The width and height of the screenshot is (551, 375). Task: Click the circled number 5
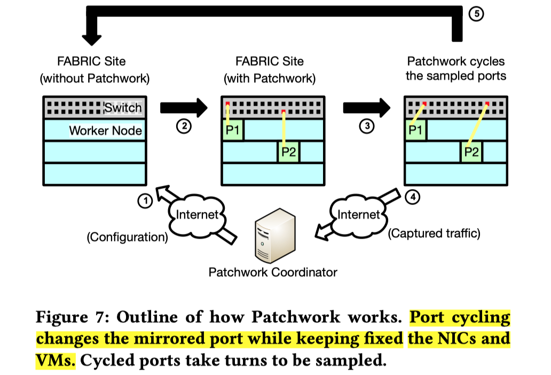coord(476,14)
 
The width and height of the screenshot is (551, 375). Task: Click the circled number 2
coord(184,127)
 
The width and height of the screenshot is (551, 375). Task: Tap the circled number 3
coord(366,127)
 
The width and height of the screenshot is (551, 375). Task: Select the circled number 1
coord(145,201)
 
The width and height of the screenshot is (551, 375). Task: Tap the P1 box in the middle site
coord(233,130)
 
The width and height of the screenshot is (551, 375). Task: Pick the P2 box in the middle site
coord(289,152)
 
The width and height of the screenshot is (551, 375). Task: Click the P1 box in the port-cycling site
coord(415,130)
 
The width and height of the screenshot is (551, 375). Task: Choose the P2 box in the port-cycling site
coord(471,152)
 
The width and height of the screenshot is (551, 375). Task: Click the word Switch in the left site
coord(123,107)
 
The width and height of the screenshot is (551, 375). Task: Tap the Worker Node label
coord(106,130)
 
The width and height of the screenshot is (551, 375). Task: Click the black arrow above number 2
coord(183,107)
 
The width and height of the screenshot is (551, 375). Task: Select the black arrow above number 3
coord(366,107)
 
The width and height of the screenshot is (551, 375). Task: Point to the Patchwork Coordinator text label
coord(273,272)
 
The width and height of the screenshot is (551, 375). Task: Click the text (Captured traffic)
coord(434,233)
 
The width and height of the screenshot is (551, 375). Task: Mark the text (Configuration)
coord(128,237)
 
